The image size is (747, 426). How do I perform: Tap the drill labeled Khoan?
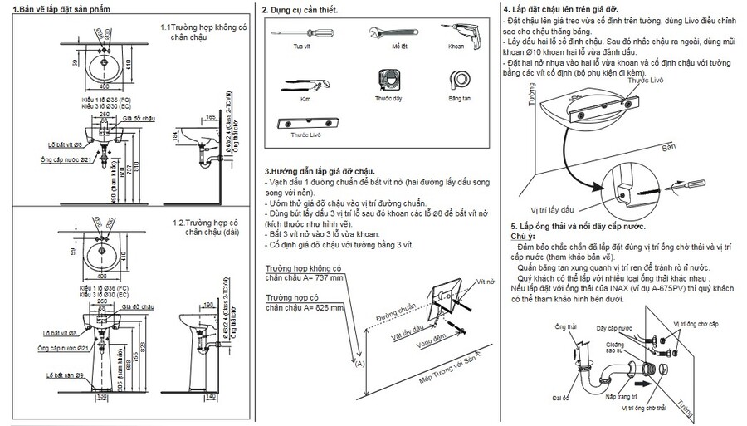click(x=458, y=32)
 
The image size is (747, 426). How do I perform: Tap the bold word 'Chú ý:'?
click(x=522, y=236)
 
